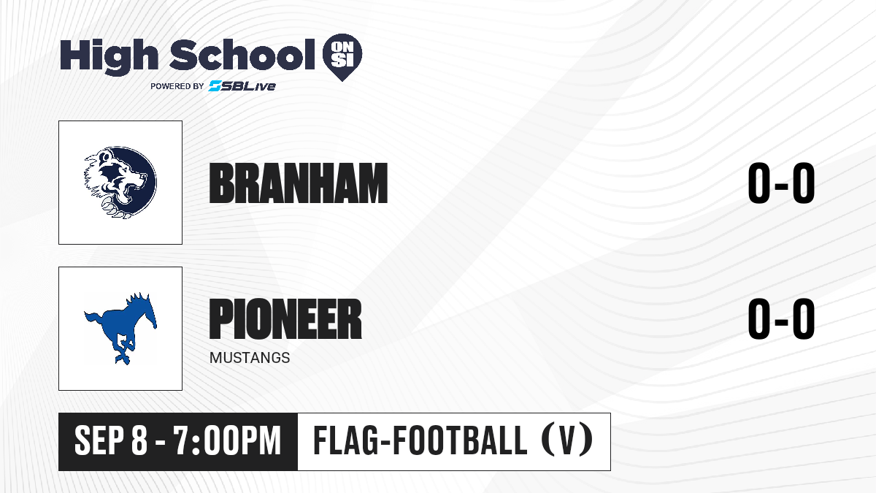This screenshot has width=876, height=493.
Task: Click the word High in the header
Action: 109,56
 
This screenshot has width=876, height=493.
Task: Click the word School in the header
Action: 242,55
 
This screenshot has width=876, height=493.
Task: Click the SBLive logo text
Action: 242,85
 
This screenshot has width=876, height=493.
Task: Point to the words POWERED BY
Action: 177,86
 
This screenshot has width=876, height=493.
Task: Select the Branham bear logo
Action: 120,183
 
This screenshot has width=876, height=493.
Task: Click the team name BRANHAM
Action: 299,183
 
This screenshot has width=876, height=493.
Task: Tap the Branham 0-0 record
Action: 781,183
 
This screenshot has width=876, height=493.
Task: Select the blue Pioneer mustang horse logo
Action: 120,328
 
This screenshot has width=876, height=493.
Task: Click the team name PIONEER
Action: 285,318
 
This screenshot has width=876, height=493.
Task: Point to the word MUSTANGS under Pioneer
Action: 250,358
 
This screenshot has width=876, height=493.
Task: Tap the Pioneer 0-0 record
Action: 781,318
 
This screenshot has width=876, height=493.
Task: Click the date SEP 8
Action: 111,440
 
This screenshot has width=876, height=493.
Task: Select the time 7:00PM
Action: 227,440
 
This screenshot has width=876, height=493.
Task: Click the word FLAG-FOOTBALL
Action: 420,440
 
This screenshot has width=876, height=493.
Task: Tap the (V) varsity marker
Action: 567,440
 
